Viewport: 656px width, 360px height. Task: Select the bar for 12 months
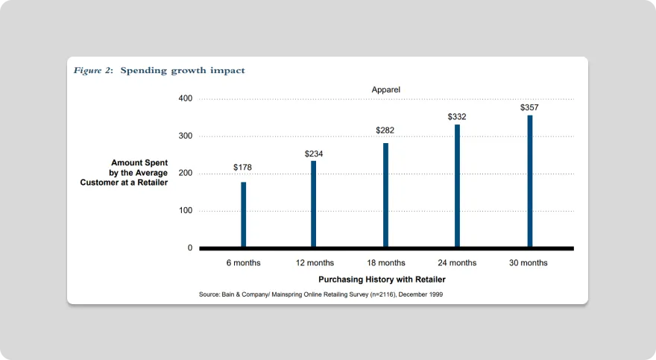[x=314, y=203]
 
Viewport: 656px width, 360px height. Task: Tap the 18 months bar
[x=385, y=195]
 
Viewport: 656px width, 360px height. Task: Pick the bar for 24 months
[x=457, y=186]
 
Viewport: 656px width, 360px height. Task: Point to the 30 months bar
[x=530, y=181]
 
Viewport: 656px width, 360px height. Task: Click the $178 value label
[x=242, y=168]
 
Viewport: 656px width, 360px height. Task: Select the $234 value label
[x=314, y=154]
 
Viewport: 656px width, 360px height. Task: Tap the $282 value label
[x=385, y=130]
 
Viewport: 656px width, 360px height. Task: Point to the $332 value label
[x=457, y=117]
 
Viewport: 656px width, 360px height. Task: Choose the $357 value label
[x=529, y=108]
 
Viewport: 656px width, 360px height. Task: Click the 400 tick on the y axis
[x=186, y=99]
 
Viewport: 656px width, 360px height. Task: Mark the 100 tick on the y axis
[x=186, y=211]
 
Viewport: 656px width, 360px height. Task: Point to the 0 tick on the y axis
[x=190, y=248]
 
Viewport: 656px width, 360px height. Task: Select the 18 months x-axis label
[x=385, y=263]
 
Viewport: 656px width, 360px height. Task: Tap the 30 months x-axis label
[x=529, y=263]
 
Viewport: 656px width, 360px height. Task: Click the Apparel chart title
[x=386, y=89]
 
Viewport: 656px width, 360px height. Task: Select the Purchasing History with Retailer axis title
[x=382, y=280]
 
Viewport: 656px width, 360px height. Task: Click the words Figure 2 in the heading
[x=93, y=71]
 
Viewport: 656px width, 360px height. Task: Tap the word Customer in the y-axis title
[x=102, y=182]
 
